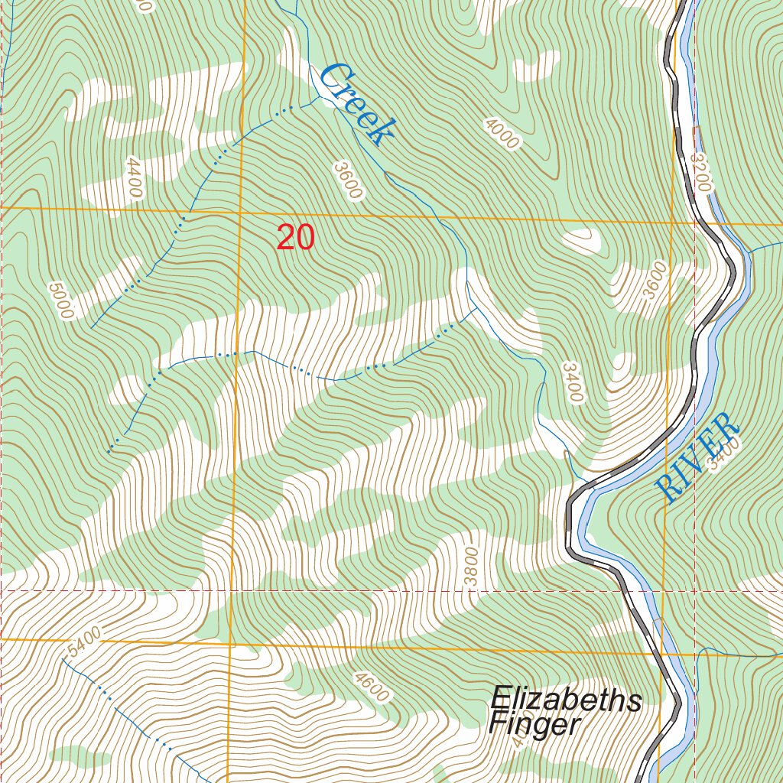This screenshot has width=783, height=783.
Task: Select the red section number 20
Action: [x=295, y=238]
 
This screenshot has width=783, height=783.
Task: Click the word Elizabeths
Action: [x=566, y=700]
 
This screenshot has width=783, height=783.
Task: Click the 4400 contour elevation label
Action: [x=134, y=177]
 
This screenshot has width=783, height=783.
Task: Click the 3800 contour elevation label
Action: [x=472, y=567]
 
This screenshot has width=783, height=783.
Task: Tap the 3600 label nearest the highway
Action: [x=656, y=281]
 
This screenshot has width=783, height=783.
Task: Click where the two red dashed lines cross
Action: [x=694, y=591]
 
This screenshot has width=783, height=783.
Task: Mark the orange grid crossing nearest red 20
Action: [x=239, y=210]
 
